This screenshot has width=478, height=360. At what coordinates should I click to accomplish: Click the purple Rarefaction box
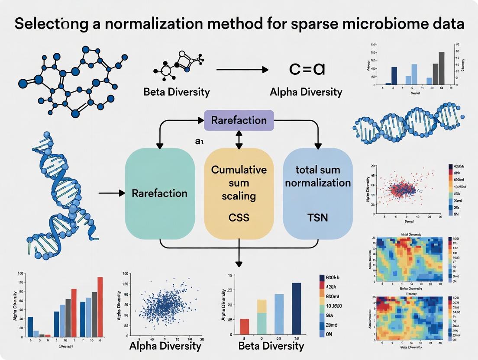coord(239,120)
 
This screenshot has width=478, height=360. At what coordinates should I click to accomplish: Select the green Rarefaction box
coord(159,193)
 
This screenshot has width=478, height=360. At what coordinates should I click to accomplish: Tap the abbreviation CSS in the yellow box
coord(239,217)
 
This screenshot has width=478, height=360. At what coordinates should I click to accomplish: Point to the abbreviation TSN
coord(317,217)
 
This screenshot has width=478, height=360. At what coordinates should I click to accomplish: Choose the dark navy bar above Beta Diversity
coord(297,310)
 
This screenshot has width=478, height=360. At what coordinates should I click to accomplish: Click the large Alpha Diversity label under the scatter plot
coord(165,346)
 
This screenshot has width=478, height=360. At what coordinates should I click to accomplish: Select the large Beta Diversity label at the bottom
coord(271,346)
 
